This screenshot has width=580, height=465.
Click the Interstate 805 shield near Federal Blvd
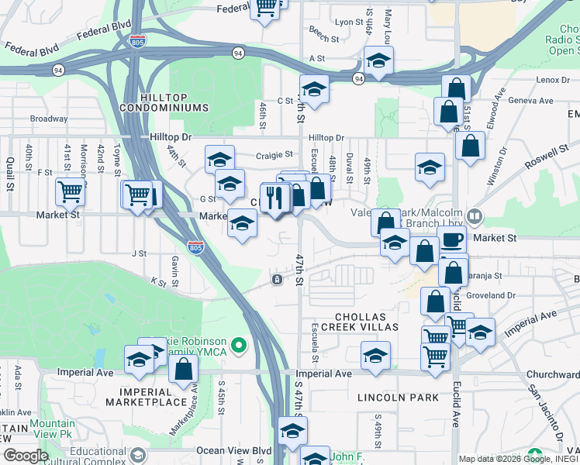point(137,41)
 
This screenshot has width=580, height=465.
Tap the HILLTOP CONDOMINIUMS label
point(175,102)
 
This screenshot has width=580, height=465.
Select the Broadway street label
point(49,119)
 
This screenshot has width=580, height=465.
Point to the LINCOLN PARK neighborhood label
point(392,397)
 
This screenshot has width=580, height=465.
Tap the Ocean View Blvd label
point(233,450)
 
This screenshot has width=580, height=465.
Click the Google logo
point(26,456)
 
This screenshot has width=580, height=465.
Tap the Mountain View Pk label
point(53,429)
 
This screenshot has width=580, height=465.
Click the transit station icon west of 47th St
point(276,279)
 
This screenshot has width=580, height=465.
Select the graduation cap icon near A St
point(378,60)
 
